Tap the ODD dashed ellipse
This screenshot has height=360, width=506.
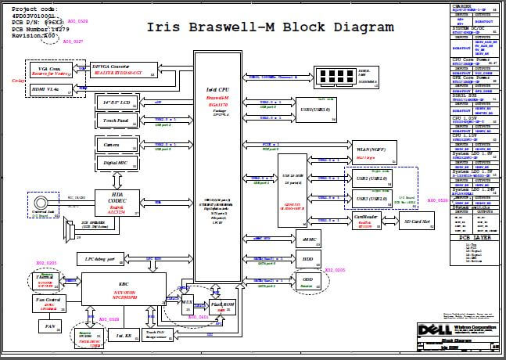click(307, 279)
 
